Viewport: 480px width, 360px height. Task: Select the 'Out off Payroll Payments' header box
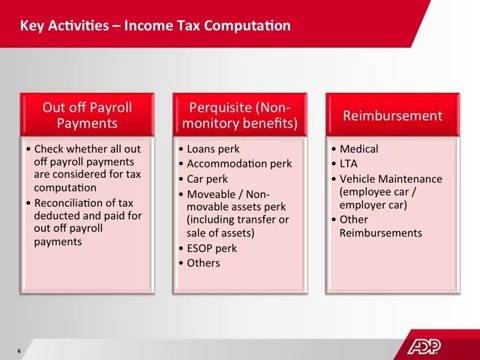87,115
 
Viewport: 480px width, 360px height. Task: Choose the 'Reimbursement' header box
392,115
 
